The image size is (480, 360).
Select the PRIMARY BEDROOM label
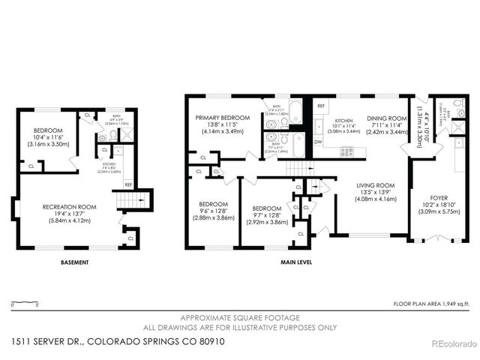point(223,118)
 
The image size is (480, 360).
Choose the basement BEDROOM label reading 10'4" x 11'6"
point(47,130)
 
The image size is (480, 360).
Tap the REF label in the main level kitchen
point(319,107)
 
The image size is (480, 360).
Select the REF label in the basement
point(128,184)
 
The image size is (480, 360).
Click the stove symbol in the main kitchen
point(347,151)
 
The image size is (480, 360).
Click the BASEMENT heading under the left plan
point(75,262)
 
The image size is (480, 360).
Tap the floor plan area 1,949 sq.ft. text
point(431,304)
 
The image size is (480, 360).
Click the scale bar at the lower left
point(26,302)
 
